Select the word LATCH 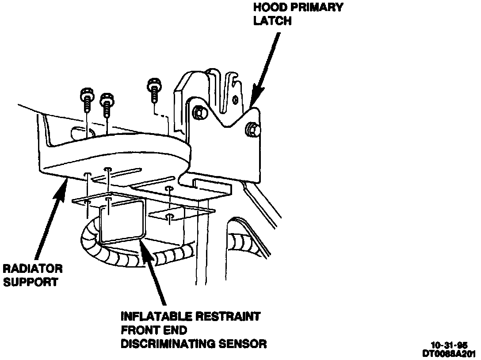[x=272, y=21]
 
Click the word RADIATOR [x=33, y=268]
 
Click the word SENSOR [x=246, y=343]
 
